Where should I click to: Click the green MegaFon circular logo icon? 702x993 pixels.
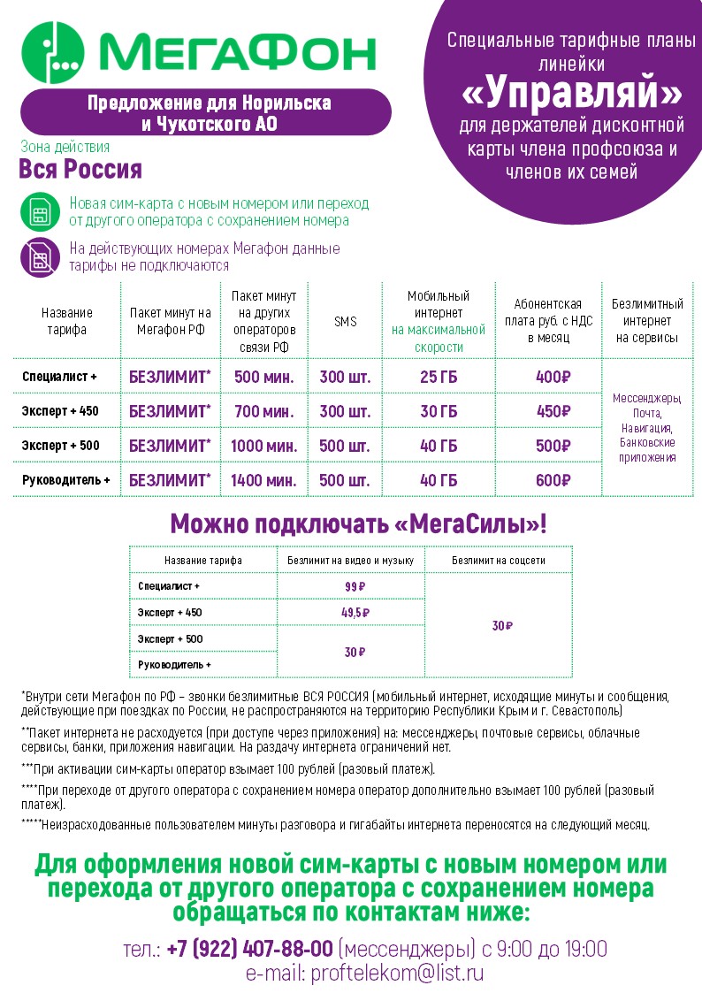click(x=53, y=53)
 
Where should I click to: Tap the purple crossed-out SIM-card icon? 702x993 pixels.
click(x=41, y=257)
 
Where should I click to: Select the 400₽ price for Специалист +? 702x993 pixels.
click(x=553, y=377)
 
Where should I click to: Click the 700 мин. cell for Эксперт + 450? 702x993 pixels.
click(x=263, y=411)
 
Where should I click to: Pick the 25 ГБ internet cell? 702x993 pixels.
click(x=439, y=377)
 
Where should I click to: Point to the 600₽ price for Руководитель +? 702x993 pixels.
click(x=553, y=480)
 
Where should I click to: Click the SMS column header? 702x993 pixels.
click(x=345, y=322)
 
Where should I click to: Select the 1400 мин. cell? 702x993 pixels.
click(x=263, y=480)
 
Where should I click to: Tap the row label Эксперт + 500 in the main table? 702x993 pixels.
click(x=61, y=446)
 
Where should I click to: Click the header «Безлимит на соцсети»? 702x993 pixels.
click(x=499, y=560)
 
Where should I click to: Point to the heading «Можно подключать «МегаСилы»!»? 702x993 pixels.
click(x=358, y=524)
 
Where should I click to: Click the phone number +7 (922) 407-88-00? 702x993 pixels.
click(x=249, y=949)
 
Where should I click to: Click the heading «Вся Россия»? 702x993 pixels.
click(x=80, y=169)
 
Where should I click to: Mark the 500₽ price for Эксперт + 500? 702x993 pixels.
click(x=553, y=446)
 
